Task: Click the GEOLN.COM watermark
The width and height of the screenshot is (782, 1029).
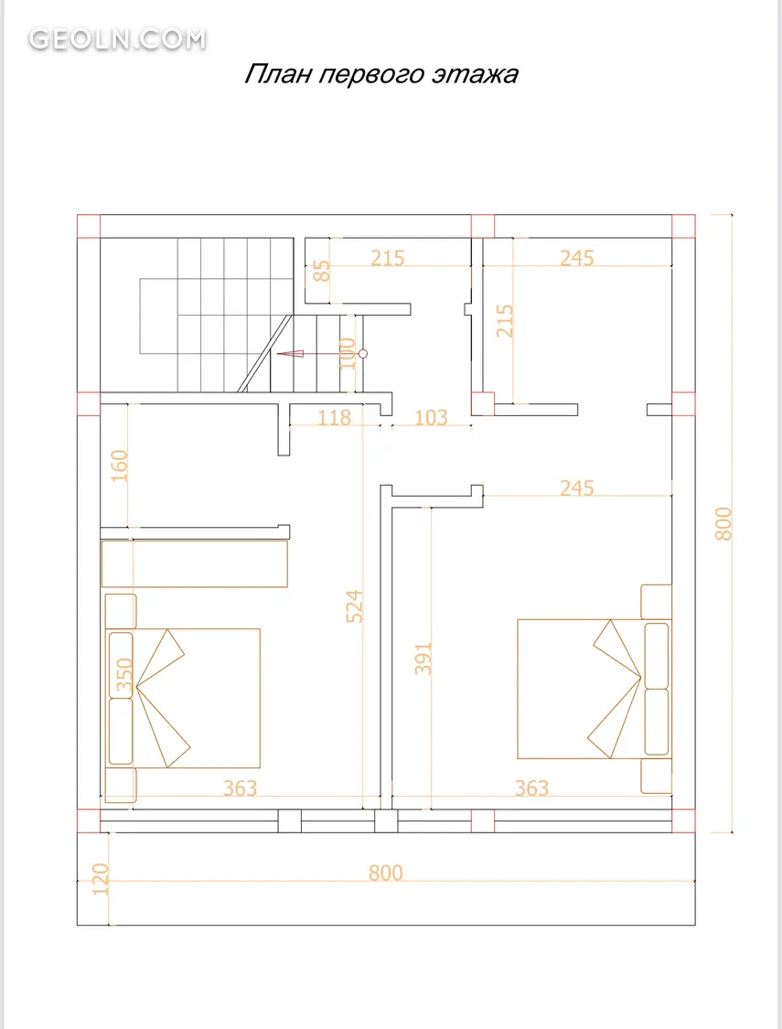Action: [x=117, y=39]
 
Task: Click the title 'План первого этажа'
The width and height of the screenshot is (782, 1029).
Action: [x=381, y=73]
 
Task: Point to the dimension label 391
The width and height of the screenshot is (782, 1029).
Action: [x=423, y=659]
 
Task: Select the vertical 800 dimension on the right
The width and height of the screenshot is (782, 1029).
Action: [x=723, y=524]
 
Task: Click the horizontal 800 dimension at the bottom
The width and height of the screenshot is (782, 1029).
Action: [x=386, y=873]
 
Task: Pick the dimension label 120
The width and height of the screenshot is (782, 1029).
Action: [x=100, y=879]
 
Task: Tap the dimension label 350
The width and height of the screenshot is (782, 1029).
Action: [x=124, y=676]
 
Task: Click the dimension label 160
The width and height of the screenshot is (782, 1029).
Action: [x=120, y=466]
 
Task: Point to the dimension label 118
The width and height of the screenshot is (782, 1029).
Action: [x=335, y=417]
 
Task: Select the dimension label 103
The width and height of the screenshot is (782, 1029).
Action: [x=431, y=417]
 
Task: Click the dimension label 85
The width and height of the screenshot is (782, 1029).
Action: [x=321, y=271]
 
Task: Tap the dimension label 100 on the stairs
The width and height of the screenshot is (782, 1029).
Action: [x=348, y=354]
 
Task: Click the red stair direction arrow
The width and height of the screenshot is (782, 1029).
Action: [x=321, y=354]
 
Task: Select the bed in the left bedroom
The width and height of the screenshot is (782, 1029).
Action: [x=183, y=698]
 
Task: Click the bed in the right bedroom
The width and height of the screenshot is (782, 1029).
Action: [x=594, y=689]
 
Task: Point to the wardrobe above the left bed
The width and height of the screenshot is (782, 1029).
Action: [x=195, y=563]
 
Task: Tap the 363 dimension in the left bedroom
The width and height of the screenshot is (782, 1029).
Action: [x=241, y=788]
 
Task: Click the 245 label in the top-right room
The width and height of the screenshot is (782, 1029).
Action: [x=576, y=258]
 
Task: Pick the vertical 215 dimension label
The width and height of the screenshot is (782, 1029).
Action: [x=505, y=320]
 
